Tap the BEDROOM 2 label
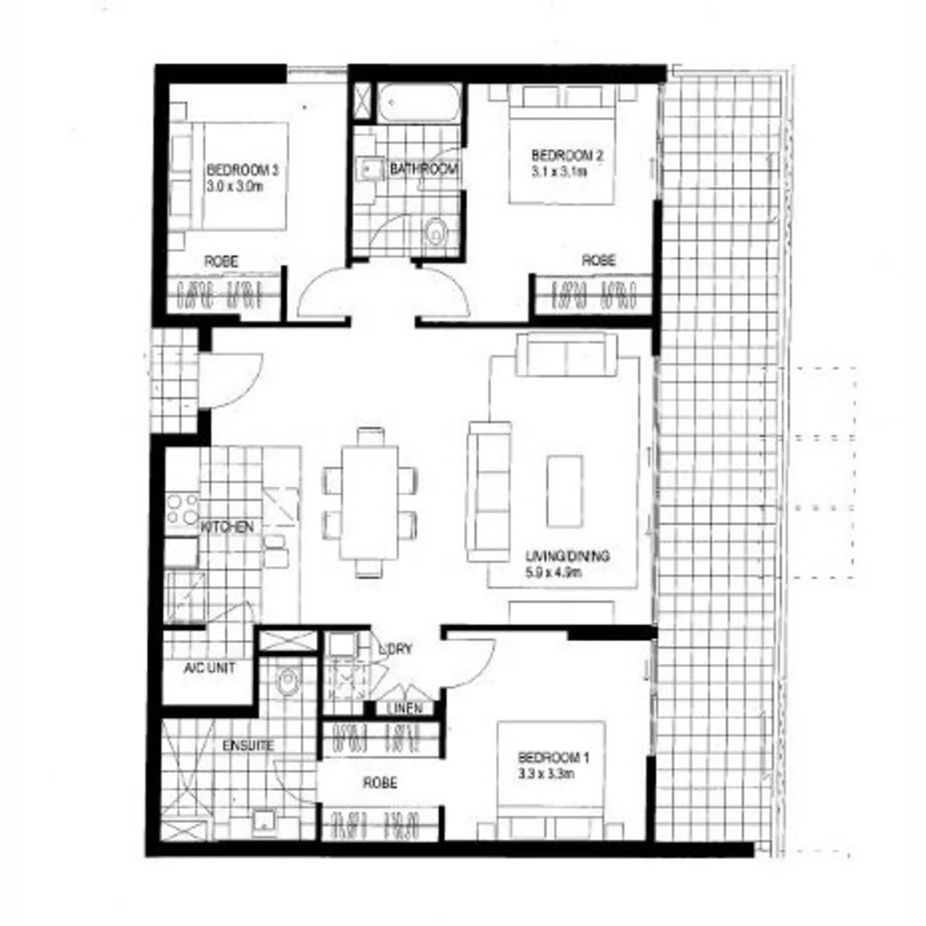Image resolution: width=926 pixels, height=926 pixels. (567, 155)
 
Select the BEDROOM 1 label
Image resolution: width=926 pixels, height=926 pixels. (554, 758)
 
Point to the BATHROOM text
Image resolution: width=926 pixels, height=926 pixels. (424, 170)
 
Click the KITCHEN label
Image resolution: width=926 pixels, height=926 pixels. (227, 526)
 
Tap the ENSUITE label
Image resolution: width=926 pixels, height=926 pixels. (248, 745)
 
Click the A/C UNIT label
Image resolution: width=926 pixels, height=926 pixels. (209, 667)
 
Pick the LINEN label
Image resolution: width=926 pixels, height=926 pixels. (404, 708)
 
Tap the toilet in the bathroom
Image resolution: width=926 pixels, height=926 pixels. (436, 231)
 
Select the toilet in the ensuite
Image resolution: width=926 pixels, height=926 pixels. (287, 682)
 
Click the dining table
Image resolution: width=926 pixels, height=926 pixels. (369, 502)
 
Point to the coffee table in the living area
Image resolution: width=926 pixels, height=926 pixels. (565, 491)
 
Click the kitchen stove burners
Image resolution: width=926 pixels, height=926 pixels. (182, 509)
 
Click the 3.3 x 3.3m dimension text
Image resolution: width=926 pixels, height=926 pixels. (545, 773)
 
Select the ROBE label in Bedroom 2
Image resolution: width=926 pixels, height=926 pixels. (598, 261)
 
